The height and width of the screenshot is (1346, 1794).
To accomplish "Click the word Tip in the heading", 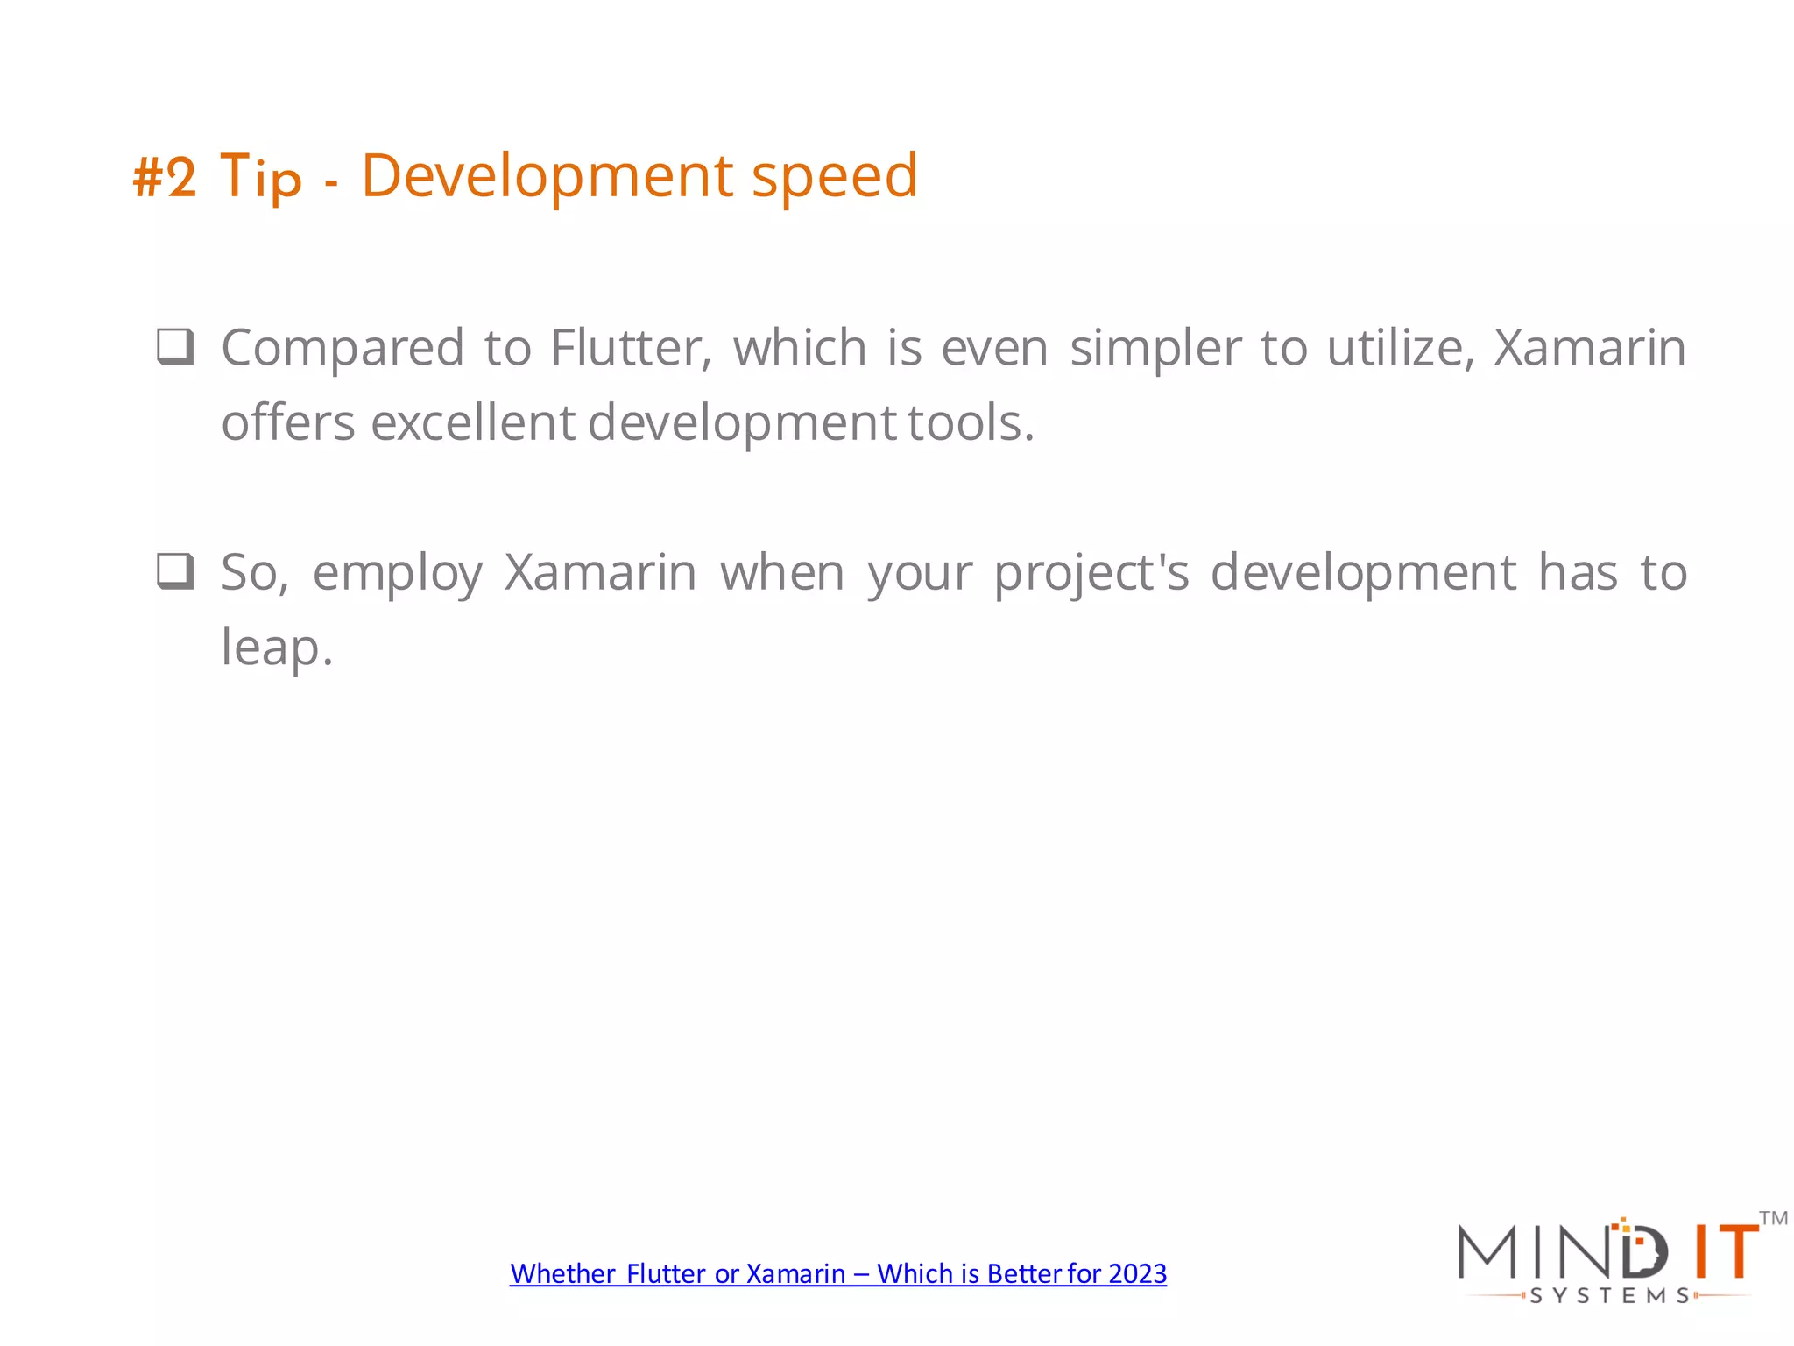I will (x=260, y=178).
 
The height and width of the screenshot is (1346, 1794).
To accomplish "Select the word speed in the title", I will (x=834, y=178).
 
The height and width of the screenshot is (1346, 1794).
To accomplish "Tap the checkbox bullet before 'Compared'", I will (x=175, y=346).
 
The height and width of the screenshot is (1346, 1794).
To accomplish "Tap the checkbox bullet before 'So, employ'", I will (x=175, y=571).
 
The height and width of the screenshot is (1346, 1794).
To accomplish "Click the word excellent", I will (x=473, y=422).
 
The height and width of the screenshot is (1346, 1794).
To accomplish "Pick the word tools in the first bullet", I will (x=971, y=422).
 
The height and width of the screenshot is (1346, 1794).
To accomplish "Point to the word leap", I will (x=276, y=648).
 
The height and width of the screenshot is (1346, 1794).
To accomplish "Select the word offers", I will (x=288, y=422).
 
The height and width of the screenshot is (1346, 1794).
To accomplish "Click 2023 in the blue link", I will (x=1137, y=1273).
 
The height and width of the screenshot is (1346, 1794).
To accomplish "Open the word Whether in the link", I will (x=562, y=1273).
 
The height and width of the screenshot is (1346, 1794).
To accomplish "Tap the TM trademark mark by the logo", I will (x=1773, y=1219).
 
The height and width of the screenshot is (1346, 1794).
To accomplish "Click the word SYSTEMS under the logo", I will (x=1609, y=1295).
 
